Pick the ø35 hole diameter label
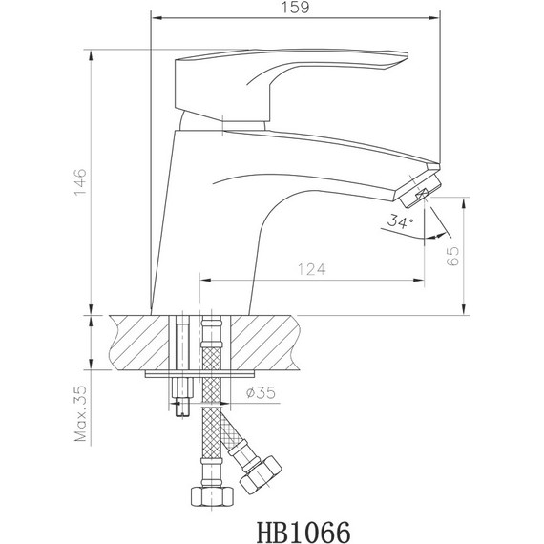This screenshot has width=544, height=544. (262, 392)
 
